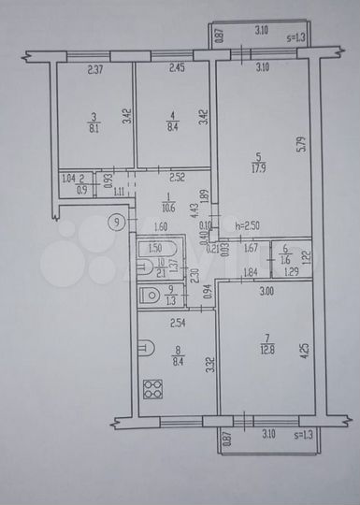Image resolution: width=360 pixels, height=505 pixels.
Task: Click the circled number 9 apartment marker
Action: point(114,222)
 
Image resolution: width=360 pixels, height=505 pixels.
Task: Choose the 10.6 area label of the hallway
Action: point(167,209)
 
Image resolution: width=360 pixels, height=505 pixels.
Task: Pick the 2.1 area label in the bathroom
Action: point(160,272)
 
